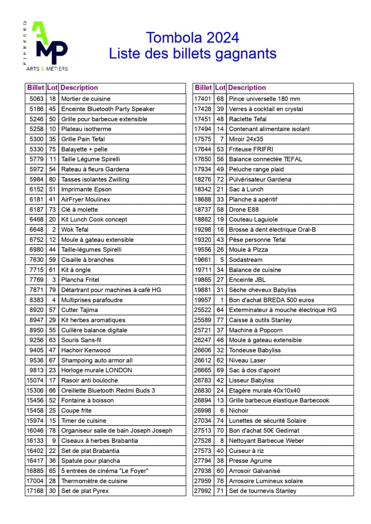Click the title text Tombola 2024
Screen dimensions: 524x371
pyautogui.click(x=193, y=38)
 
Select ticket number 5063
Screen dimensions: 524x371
pyautogui.click(x=36, y=99)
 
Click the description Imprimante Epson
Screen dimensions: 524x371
pyautogui.click(x=86, y=189)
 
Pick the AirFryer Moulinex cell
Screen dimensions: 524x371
pyautogui.click(x=86, y=199)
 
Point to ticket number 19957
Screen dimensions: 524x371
pyautogui.click(x=202, y=300)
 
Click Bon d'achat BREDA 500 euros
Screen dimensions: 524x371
pyautogui.click(x=271, y=300)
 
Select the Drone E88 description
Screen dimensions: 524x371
pyautogui.click(x=244, y=210)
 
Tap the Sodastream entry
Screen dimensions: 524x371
pyautogui.click(x=246, y=260)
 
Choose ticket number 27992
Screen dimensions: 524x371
pyautogui.click(x=202, y=491)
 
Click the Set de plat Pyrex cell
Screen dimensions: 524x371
pyautogui.click(x=85, y=491)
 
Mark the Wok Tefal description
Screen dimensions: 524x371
pyautogui.click(x=75, y=230)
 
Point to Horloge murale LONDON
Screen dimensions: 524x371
pyautogui.click(x=96, y=370)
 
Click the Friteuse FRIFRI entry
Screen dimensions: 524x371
pyautogui.click(x=251, y=149)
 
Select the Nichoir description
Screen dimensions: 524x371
pyautogui.click(x=238, y=411)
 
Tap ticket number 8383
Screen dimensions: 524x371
pyautogui.click(x=36, y=300)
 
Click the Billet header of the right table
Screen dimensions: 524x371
pyautogui.click(x=203, y=88)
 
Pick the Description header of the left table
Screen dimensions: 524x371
pyautogui.click(x=79, y=88)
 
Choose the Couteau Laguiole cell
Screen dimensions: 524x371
pyautogui.click(x=253, y=219)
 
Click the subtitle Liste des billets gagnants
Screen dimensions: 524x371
pyautogui.click(x=193, y=54)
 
